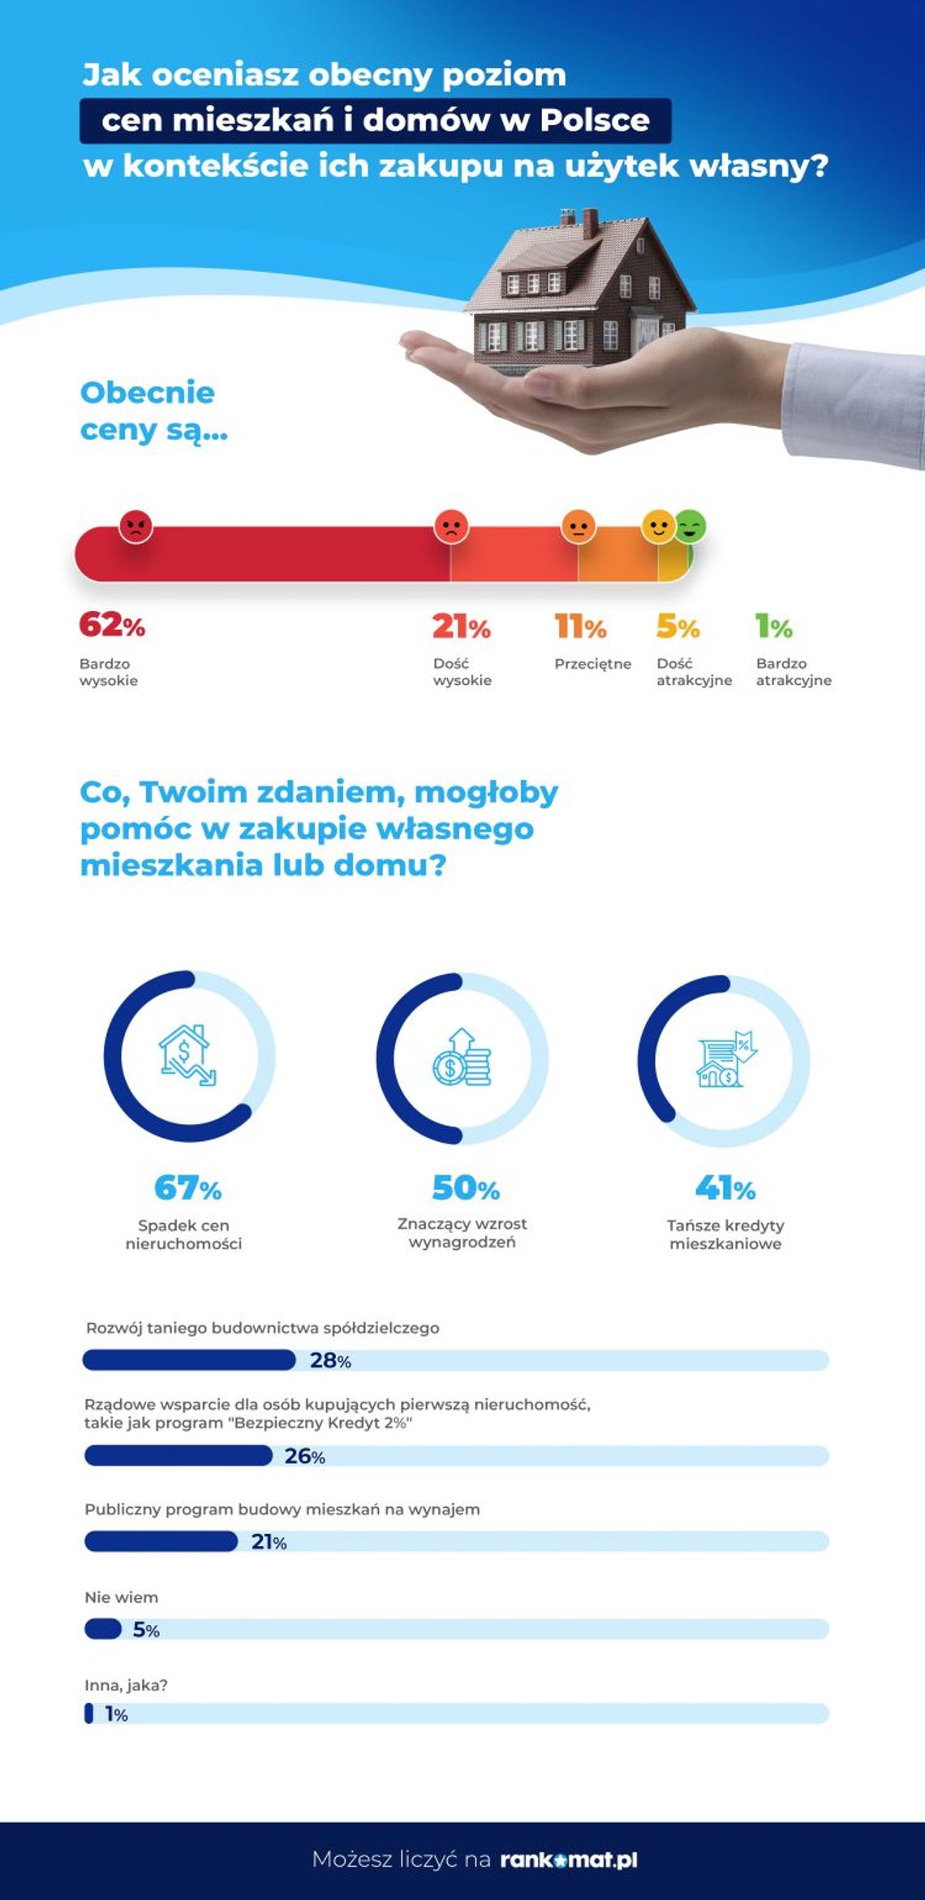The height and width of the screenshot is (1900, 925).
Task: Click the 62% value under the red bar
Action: tap(112, 625)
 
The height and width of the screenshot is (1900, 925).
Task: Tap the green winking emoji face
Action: tap(691, 527)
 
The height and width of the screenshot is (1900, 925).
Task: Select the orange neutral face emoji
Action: tap(579, 527)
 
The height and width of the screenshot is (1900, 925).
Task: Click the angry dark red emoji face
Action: tap(136, 528)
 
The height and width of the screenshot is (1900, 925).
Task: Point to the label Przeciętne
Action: tap(592, 664)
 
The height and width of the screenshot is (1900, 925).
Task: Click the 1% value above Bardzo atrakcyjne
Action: tap(773, 626)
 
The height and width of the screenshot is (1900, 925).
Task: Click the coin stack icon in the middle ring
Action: tap(462, 1058)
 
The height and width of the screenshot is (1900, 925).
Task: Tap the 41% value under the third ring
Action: tap(725, 1189)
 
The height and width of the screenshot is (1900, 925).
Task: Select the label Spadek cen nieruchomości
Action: tap(183, 1234)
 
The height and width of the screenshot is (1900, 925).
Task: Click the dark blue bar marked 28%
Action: tap(189, 1360)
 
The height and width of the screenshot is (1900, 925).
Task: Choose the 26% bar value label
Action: tap(304, 1456)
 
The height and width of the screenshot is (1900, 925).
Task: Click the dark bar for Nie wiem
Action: tap(103, 1629)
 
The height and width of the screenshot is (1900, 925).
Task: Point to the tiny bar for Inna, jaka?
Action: tap(88, 1713)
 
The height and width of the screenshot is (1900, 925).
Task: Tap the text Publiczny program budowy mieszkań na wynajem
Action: tap(282, 1510)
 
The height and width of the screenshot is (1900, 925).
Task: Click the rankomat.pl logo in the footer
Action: tap(568, 1859)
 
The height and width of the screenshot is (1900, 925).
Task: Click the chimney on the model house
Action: tap(590, 222)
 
